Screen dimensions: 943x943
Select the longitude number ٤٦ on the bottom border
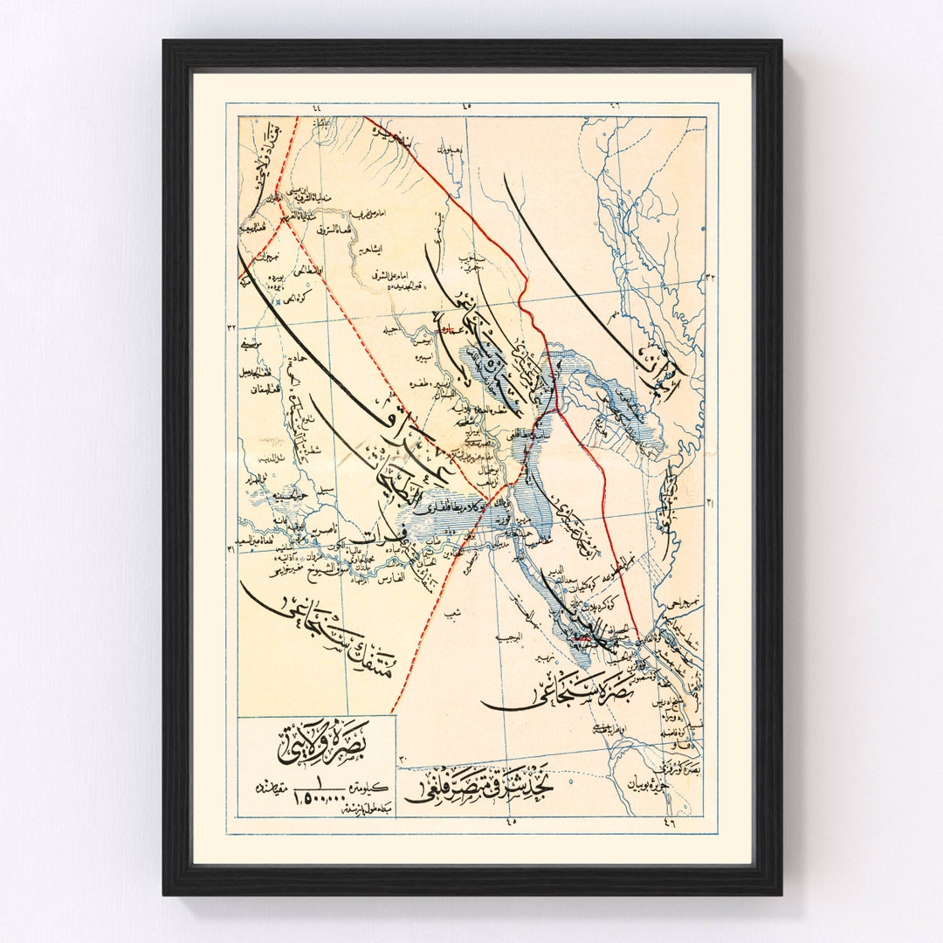669,820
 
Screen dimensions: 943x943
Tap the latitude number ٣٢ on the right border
711,277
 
